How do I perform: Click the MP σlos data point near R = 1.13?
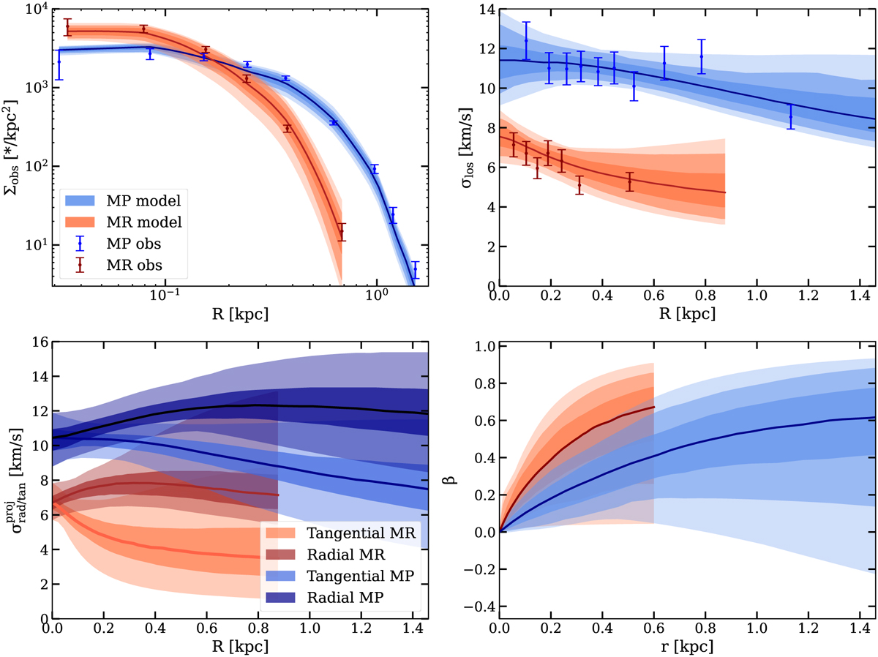790,116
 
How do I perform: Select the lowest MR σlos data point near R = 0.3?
579,185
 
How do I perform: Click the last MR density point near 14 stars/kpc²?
341,232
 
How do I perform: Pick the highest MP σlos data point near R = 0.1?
525,40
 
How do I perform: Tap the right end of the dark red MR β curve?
653,407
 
